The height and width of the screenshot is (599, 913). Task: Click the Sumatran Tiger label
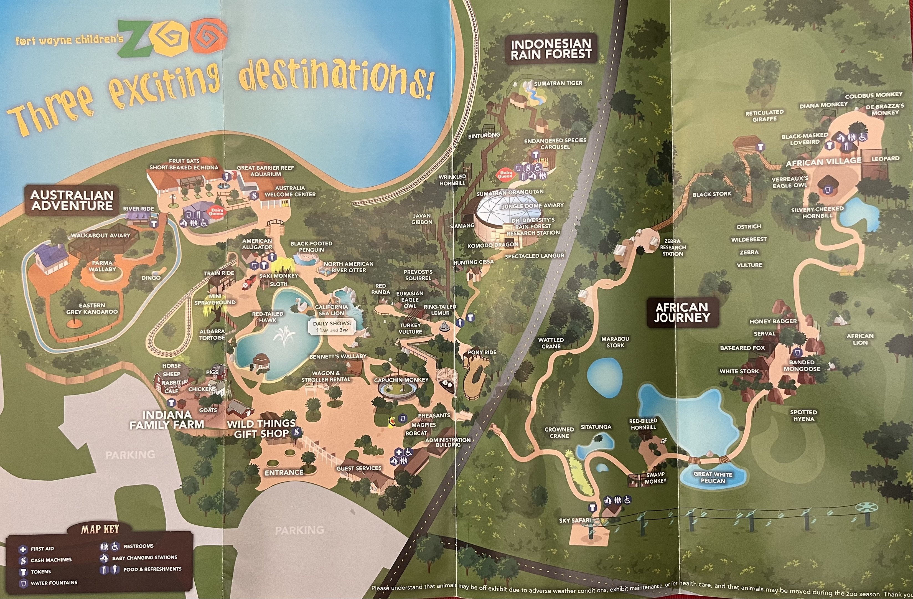558,83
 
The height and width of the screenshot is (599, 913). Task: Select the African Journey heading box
682,312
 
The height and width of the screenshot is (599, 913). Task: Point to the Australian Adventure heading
72,200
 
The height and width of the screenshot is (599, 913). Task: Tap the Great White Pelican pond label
713,477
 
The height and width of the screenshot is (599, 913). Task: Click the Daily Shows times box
332,327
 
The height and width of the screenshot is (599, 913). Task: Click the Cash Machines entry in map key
51,560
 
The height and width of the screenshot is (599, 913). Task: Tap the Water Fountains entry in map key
54,582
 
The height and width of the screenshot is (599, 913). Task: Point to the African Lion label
860,339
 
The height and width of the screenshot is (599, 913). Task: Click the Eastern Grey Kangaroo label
92,309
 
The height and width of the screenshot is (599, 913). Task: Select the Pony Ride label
482,352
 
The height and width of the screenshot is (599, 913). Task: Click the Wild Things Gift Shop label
262,429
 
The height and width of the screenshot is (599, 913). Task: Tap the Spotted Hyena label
803,416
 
